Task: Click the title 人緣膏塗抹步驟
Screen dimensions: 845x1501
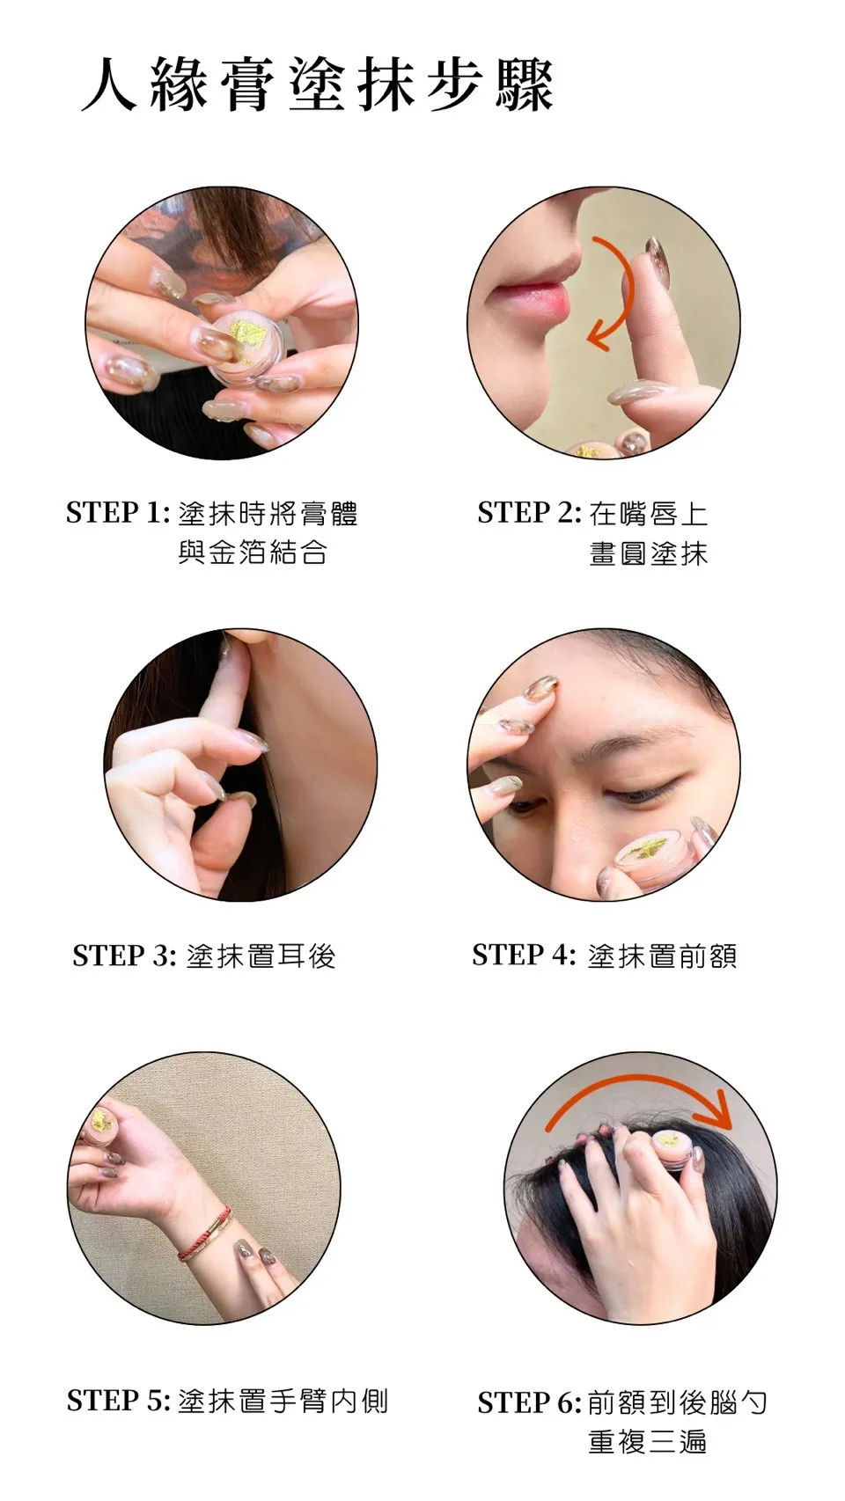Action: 318,85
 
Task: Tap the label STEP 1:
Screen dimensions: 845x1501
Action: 118,513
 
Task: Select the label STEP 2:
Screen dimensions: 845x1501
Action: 529,513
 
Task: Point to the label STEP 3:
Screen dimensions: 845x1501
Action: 125,956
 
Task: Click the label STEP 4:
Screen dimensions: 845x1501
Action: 524,955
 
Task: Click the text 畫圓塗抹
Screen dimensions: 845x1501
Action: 649,554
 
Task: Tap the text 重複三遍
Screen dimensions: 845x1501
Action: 648,1442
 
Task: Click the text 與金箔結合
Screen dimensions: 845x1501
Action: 253,553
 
